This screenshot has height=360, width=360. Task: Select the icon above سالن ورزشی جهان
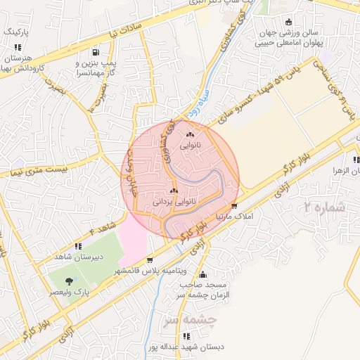tap(289, 22)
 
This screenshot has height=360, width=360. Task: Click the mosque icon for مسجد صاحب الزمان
tap(203, 275)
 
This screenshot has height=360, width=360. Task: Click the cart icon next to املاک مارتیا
tap(234, 206)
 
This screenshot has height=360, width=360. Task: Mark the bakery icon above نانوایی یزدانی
tap(174, 191)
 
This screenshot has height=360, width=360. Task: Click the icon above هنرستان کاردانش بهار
tap(17, 46)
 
